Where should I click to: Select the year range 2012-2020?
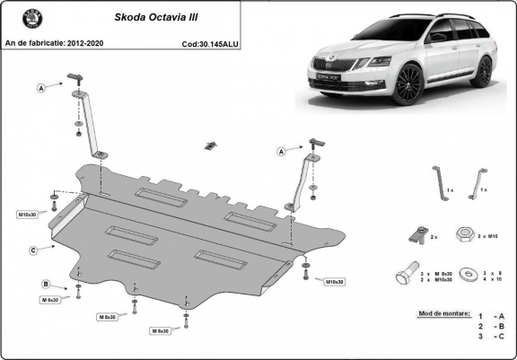pyautogui.click(x=88, y=42)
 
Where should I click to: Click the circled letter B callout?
pyautogui.click(x=47, y=285)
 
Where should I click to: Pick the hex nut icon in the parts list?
pyautogui.click(x=465, y=234)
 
